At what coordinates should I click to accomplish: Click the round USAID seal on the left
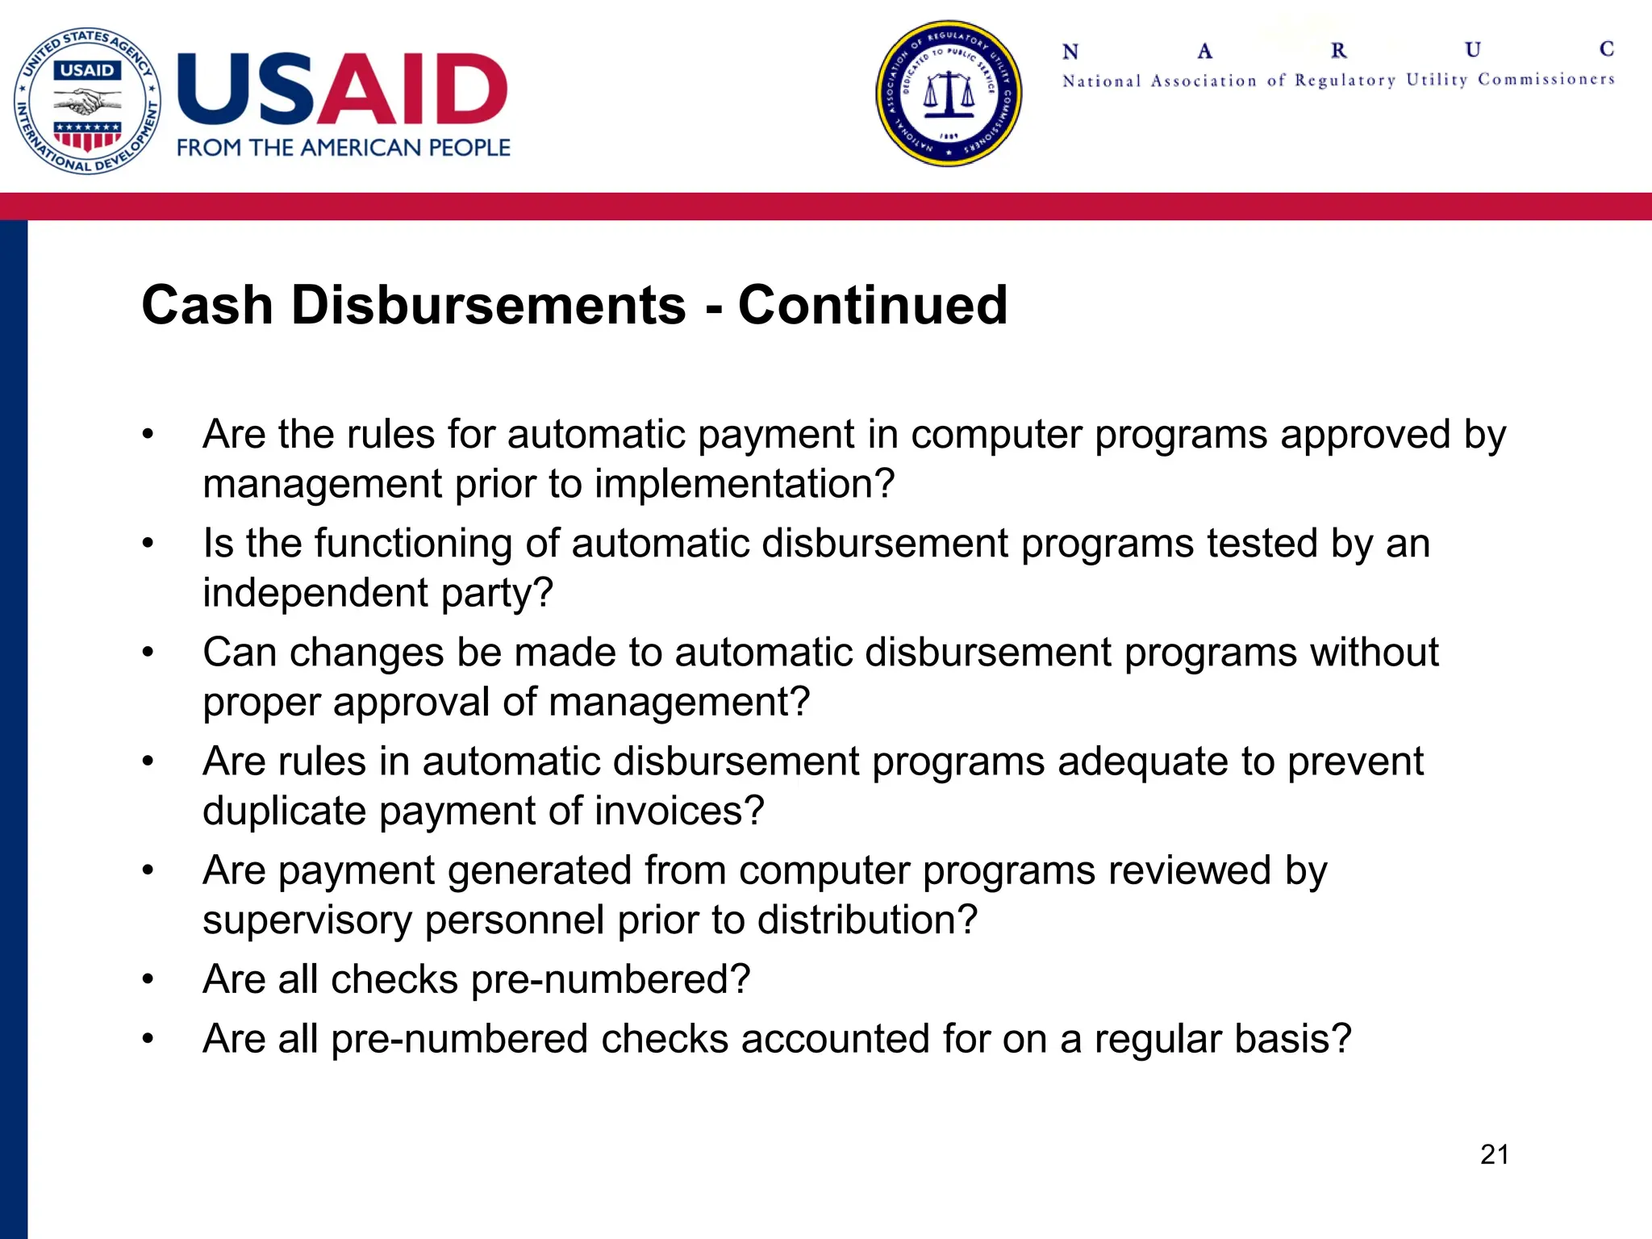click(87, 101)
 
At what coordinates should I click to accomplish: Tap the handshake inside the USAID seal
click(87, 102)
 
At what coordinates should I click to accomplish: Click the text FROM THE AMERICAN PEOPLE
click(344, 148)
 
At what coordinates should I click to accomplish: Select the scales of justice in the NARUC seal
click(949, 94)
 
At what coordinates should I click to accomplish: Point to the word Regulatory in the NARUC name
click(1345, 80)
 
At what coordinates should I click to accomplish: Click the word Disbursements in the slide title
click(489, 306)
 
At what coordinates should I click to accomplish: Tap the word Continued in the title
click(873, 306)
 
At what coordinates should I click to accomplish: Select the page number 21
click(1495, 1154)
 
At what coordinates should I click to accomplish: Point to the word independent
click(315, 593)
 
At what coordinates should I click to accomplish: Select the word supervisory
click(307, 920)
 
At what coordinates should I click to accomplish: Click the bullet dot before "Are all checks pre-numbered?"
click(148, 979)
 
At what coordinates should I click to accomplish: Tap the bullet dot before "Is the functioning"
click(148, 543)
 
